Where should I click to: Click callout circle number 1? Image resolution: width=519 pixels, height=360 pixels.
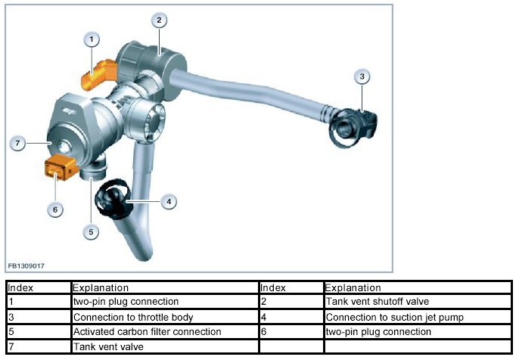[92, 38]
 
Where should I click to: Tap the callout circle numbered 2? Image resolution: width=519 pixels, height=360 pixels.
[158, 20]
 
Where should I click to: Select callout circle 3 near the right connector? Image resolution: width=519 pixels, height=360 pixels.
[362, 76]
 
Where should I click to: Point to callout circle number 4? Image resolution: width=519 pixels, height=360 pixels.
[169, 201]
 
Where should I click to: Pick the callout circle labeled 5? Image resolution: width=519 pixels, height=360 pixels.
[92, 232]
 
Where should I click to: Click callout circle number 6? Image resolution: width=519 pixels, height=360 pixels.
[54, 209]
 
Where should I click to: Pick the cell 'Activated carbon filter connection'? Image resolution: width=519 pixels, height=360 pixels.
[147, 331]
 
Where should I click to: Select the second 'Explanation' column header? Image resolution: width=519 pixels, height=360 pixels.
[353, 287]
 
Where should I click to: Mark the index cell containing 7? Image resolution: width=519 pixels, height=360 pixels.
[11, 346]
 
